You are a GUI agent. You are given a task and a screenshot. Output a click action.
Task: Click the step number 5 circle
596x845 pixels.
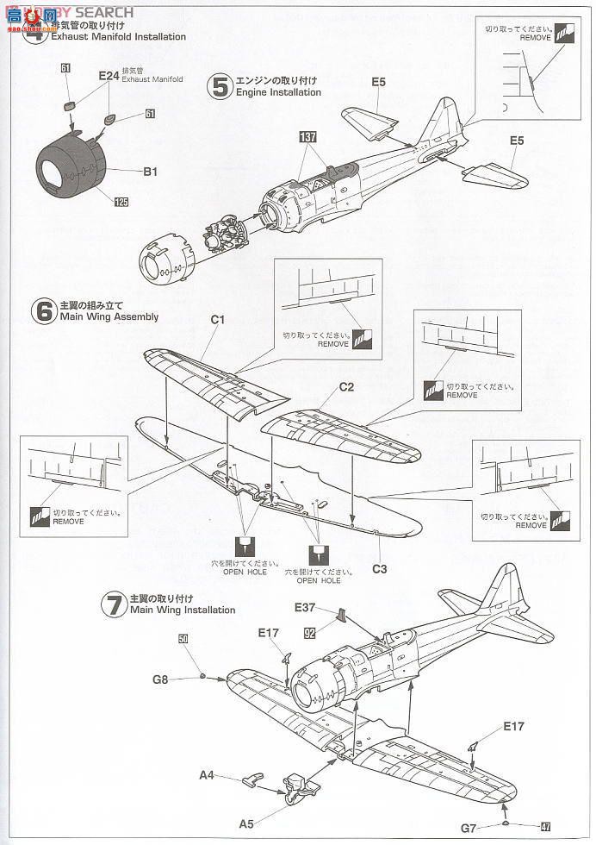click(220, 86)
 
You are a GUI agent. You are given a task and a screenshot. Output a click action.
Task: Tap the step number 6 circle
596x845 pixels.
click(44, 310)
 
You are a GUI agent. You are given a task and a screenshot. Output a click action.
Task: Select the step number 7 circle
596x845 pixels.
click(112, 604)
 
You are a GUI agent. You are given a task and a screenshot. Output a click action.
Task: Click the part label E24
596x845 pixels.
click(108, 76)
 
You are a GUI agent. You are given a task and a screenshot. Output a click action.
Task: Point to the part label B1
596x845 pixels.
click(150, 172)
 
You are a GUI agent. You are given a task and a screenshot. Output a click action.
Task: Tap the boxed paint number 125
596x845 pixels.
click(121, 202)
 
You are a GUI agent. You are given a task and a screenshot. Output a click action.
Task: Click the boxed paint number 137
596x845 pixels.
click(308, 137)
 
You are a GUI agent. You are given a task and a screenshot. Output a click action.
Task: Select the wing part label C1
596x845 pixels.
click(218, 320)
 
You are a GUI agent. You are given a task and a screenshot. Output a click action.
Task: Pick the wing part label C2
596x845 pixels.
click(346, 387)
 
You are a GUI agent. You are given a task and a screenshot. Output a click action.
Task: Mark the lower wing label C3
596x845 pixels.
click(379, 568)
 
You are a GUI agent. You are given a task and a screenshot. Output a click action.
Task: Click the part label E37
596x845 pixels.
click(305, 607)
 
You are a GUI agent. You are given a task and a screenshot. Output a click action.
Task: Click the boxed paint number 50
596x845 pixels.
click(183, 639)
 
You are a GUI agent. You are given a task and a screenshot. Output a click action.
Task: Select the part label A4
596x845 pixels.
click(207, 775)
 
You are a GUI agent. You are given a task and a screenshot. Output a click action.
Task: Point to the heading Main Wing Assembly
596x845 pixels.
click(109, 316)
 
